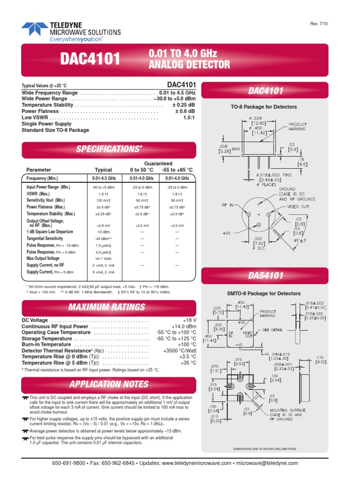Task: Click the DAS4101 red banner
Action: tap(266, 276)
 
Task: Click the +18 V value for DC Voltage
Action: tap(189, 321)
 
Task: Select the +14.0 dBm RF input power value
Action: tap(183, 327)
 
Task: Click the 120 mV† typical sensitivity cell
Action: tap(104, 200)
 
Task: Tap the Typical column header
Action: tap(104, 170)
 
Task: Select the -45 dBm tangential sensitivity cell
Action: tap(104, 239)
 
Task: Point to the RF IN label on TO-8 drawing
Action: tap(229, 205)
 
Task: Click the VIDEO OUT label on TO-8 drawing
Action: tap(298, 207)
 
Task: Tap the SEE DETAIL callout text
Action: tap(273, 330)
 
